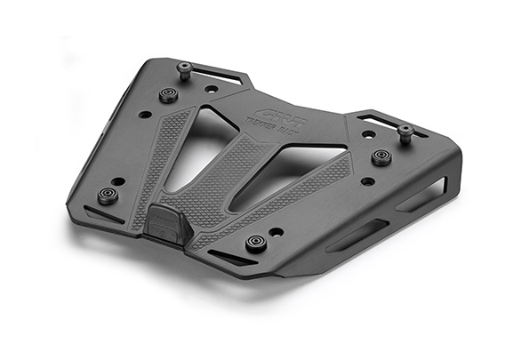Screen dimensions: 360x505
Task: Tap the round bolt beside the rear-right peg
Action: pyautogui.click(x=381, y=156)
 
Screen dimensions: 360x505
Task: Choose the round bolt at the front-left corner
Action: pyautogui.click(x=108, y=195)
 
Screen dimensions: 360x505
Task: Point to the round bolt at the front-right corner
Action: pyautogui.click(x=257, y=242)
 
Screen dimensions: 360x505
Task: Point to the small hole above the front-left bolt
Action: pyautogui.click(x=119, y=181)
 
